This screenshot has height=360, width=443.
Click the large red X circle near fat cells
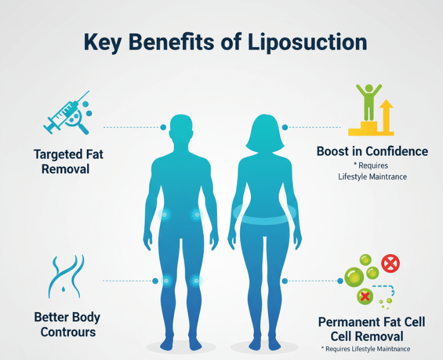[x=390, y=264]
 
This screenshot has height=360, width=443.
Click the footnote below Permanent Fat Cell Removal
[x=366, y=348]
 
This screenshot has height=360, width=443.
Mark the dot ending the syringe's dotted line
[x=163, y=127]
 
